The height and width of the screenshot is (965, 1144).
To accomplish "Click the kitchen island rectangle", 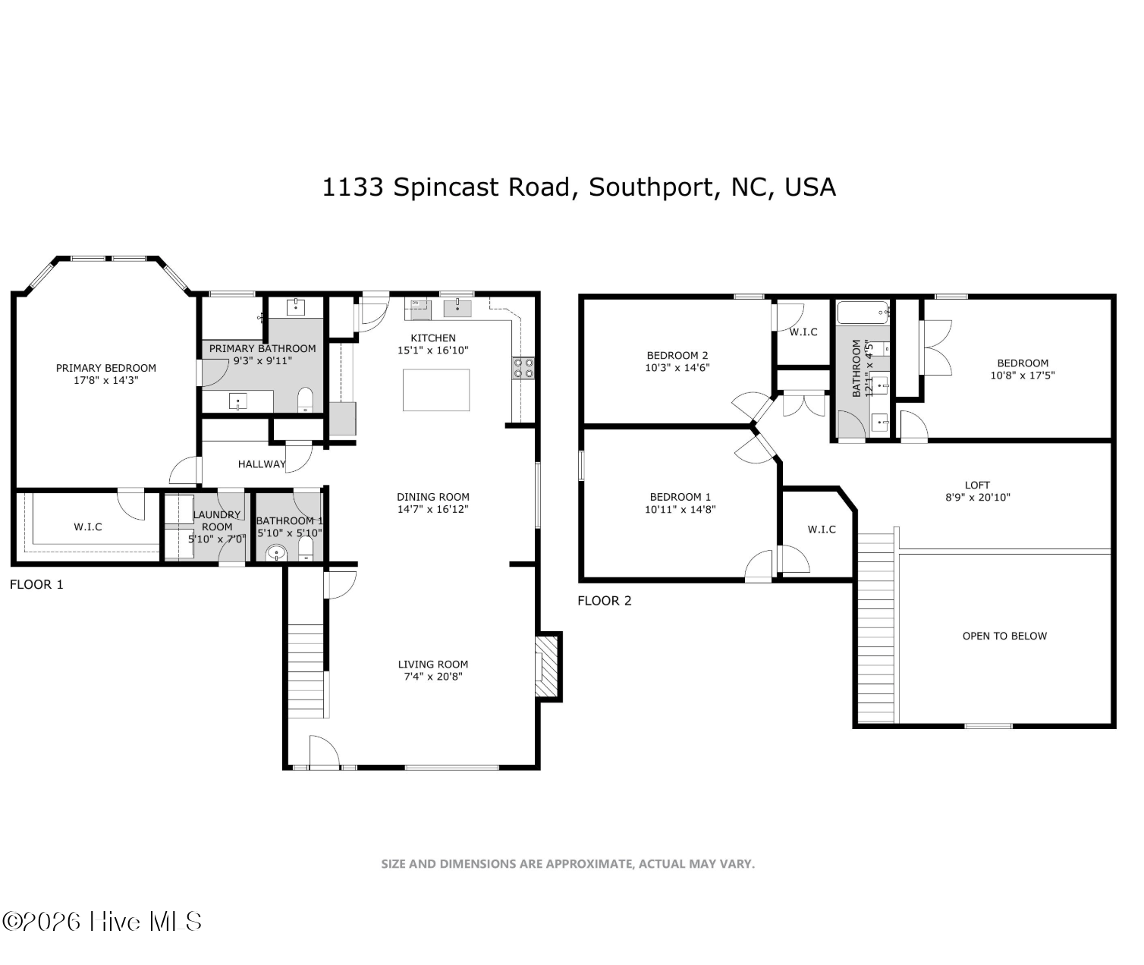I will (x=435, y=390).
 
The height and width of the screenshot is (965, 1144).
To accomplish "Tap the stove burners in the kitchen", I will (x=523, y=368).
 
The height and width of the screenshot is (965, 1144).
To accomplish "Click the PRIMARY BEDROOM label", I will (x=105, y=368).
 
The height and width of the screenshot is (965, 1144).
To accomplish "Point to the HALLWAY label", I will (x=261, y=464).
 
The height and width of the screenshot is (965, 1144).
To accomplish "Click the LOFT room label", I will (x=977, y=485).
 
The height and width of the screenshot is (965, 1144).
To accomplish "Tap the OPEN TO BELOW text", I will (x=1004, y=636).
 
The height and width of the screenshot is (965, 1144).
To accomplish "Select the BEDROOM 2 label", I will (x=677, y=355).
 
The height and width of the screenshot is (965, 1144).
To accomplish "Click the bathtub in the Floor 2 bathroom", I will (x=862, y=312).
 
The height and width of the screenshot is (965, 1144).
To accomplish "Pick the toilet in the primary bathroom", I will (x=305, y=400).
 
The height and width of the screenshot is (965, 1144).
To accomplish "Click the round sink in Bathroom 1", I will (x=277, y=554).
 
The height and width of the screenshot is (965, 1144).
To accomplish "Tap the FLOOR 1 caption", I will (x=36, y=584).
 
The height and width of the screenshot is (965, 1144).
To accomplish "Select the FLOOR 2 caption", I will (x=604, y=601).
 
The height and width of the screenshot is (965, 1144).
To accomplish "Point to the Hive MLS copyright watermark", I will (x=102, y=922).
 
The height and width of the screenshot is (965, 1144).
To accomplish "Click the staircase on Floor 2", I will (x=876, y=630).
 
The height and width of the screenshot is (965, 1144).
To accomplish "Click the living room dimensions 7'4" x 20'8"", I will (x=432, y=677).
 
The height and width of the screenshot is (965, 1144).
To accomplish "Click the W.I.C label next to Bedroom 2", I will (x=803, y=332).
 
